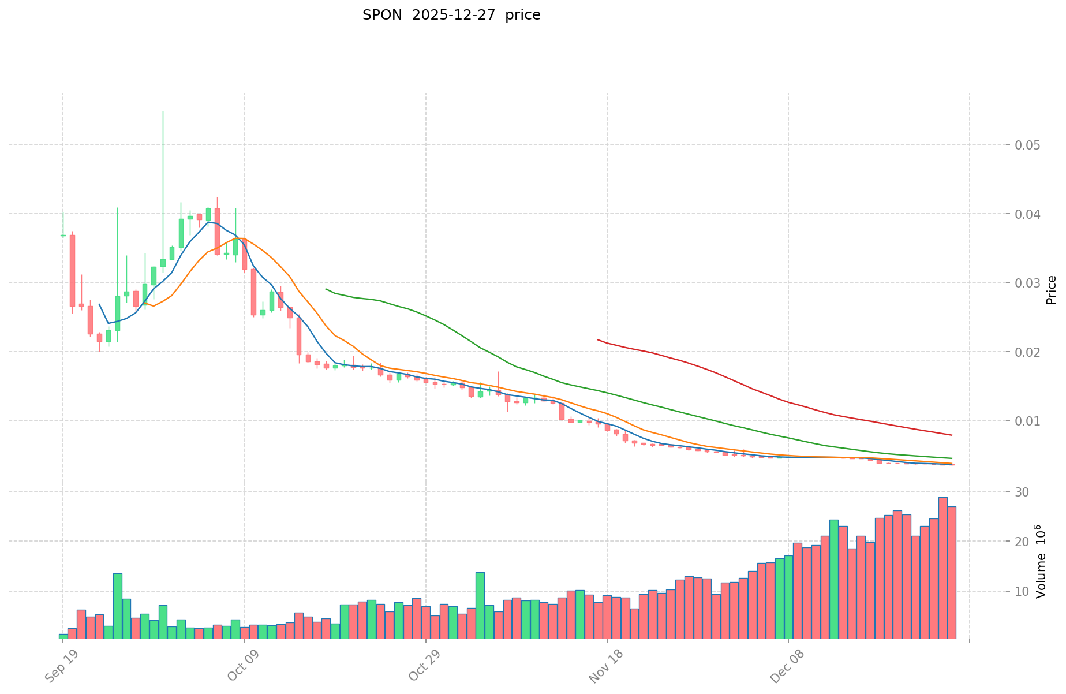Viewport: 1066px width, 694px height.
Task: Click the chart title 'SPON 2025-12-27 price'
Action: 451,16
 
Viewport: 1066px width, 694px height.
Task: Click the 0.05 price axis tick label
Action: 1027,145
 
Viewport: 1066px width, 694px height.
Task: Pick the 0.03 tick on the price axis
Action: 1027,283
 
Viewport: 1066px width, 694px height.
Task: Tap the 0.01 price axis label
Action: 1027,421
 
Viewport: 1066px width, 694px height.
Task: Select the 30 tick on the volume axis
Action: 1022,492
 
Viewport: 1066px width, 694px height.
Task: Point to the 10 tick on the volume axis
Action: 1022,591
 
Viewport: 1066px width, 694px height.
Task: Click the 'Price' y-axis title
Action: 1051,290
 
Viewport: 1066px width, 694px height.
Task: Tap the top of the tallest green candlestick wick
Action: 163,111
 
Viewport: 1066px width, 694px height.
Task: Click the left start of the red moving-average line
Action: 598,339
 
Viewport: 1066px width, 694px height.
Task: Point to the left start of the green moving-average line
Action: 326,289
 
